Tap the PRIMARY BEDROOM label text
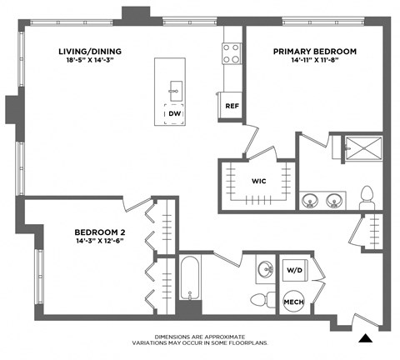pos(315,52)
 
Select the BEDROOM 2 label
pos(99,232)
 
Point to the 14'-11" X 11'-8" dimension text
pos(315,62)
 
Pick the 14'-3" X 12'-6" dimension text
pos(99,242)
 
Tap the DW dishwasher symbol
pos(174,114)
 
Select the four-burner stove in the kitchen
pos(231,53)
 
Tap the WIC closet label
pos(258,180)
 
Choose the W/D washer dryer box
pos(293,270)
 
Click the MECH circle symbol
pos(293,302)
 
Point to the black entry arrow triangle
pos(364,338)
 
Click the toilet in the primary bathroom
pos(365,197)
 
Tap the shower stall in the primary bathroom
pos(359,151)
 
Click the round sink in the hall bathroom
pos(264,269)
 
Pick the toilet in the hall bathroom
pos(260,299)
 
